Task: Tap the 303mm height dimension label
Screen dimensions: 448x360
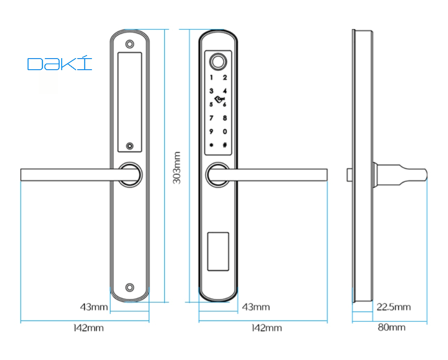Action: click(x=177, y=168)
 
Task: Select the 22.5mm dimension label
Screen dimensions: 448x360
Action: click(x=393, y=307)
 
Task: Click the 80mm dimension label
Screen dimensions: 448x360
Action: click(x=392, y=327)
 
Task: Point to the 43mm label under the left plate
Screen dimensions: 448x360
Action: click(x=94, y=307)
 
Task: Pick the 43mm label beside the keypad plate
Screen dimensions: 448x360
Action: click(x=256, y=307)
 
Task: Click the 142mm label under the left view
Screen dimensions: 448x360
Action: click(x=88, y=328)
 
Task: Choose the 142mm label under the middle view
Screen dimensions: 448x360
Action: click(x=266, y=328)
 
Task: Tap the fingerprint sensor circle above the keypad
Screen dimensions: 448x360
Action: click(x=218, y=61)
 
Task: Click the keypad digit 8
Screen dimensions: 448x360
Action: click(x=225, y=118)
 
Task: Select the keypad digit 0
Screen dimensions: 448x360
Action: click(x=225, y=131)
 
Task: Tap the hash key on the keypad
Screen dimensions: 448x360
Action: click(x=225, y=145)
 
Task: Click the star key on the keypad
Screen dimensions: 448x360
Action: click(x=211, y=145)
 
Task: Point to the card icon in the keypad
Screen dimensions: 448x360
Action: click(x=219, y=99)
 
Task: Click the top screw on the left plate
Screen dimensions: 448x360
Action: click(x=130, y=44)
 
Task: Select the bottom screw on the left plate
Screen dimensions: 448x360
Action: click(x=130, y=288)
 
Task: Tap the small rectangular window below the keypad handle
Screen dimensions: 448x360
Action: click(x=218, y=251)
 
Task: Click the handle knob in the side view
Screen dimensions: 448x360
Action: click(x=400, y=174)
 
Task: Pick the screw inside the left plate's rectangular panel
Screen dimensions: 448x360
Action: click(x=130, y=146)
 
